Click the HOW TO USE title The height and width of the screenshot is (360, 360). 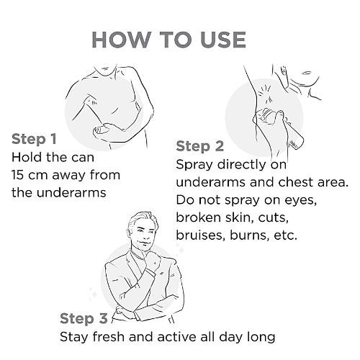(x=168, y=40)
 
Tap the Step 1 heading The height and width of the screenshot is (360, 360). (x=34, y=139)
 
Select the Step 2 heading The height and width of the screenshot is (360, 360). (x=200, y=146)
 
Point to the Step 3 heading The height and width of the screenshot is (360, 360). (x=84, y=318)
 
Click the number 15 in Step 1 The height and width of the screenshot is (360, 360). (x=17, y=175)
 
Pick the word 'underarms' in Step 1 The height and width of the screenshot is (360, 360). (x=71, y=192)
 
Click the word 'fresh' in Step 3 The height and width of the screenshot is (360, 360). (x=108, y=336)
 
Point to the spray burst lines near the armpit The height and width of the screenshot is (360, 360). (x=265, y=94)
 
